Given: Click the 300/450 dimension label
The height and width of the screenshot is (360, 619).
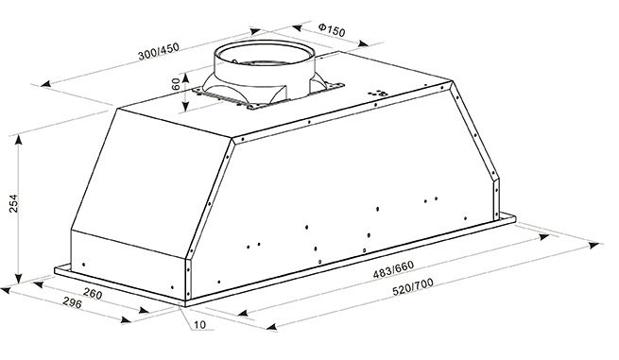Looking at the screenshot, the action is click(x=159, y=52).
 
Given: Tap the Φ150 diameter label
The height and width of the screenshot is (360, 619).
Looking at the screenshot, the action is click(x=332, y=29).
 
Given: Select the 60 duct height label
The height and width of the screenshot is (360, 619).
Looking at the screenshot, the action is click(x=176, y=83).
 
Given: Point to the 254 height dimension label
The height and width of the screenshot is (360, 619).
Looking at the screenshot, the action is click(x=14, y=204).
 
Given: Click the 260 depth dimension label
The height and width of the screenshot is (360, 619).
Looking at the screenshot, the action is click(x=93, y=294).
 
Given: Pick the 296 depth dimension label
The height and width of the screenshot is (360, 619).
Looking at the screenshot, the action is click(x=72, y=303).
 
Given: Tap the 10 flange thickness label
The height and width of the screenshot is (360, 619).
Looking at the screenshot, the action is click(x=200, y=325).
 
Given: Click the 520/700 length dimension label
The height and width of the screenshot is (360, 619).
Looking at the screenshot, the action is click(x=413, y=287).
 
